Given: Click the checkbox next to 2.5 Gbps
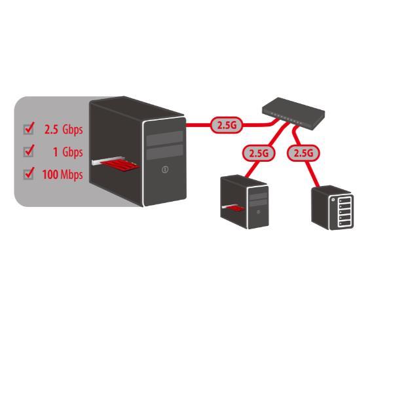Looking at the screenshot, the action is (28, 130).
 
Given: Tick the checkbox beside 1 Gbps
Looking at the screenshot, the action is (28, 152).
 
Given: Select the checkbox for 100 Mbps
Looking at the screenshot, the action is (28, 174).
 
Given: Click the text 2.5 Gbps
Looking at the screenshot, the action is (64, 130).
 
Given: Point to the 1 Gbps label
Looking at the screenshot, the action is (67, 152).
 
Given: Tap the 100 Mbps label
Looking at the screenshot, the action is (63, 174).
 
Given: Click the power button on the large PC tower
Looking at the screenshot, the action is (164, 170).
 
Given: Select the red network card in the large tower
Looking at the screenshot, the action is (120, 165).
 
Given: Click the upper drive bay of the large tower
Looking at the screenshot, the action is (164, 138).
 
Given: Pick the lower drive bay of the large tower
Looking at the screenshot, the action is (164, 152).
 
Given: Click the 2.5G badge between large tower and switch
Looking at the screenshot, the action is (227, 125).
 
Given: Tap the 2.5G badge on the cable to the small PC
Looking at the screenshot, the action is (259, 153).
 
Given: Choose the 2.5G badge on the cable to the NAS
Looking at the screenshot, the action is (303, 153).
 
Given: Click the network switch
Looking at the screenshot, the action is (293, 113).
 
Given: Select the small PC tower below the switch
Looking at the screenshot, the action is (244, 202).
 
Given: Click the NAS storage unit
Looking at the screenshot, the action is (332, 208).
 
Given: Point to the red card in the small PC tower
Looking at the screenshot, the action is (234, 209).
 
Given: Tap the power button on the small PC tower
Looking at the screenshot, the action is (259, 212).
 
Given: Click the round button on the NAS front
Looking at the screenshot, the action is (333, 200).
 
